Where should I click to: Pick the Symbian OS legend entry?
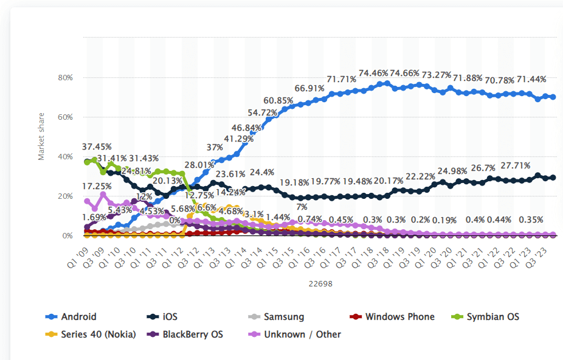(x=492, y=317)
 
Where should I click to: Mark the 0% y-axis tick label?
(x=67, y=236)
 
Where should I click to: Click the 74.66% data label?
(x=404, y=73)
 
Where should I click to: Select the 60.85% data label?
(x=279, y=100)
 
